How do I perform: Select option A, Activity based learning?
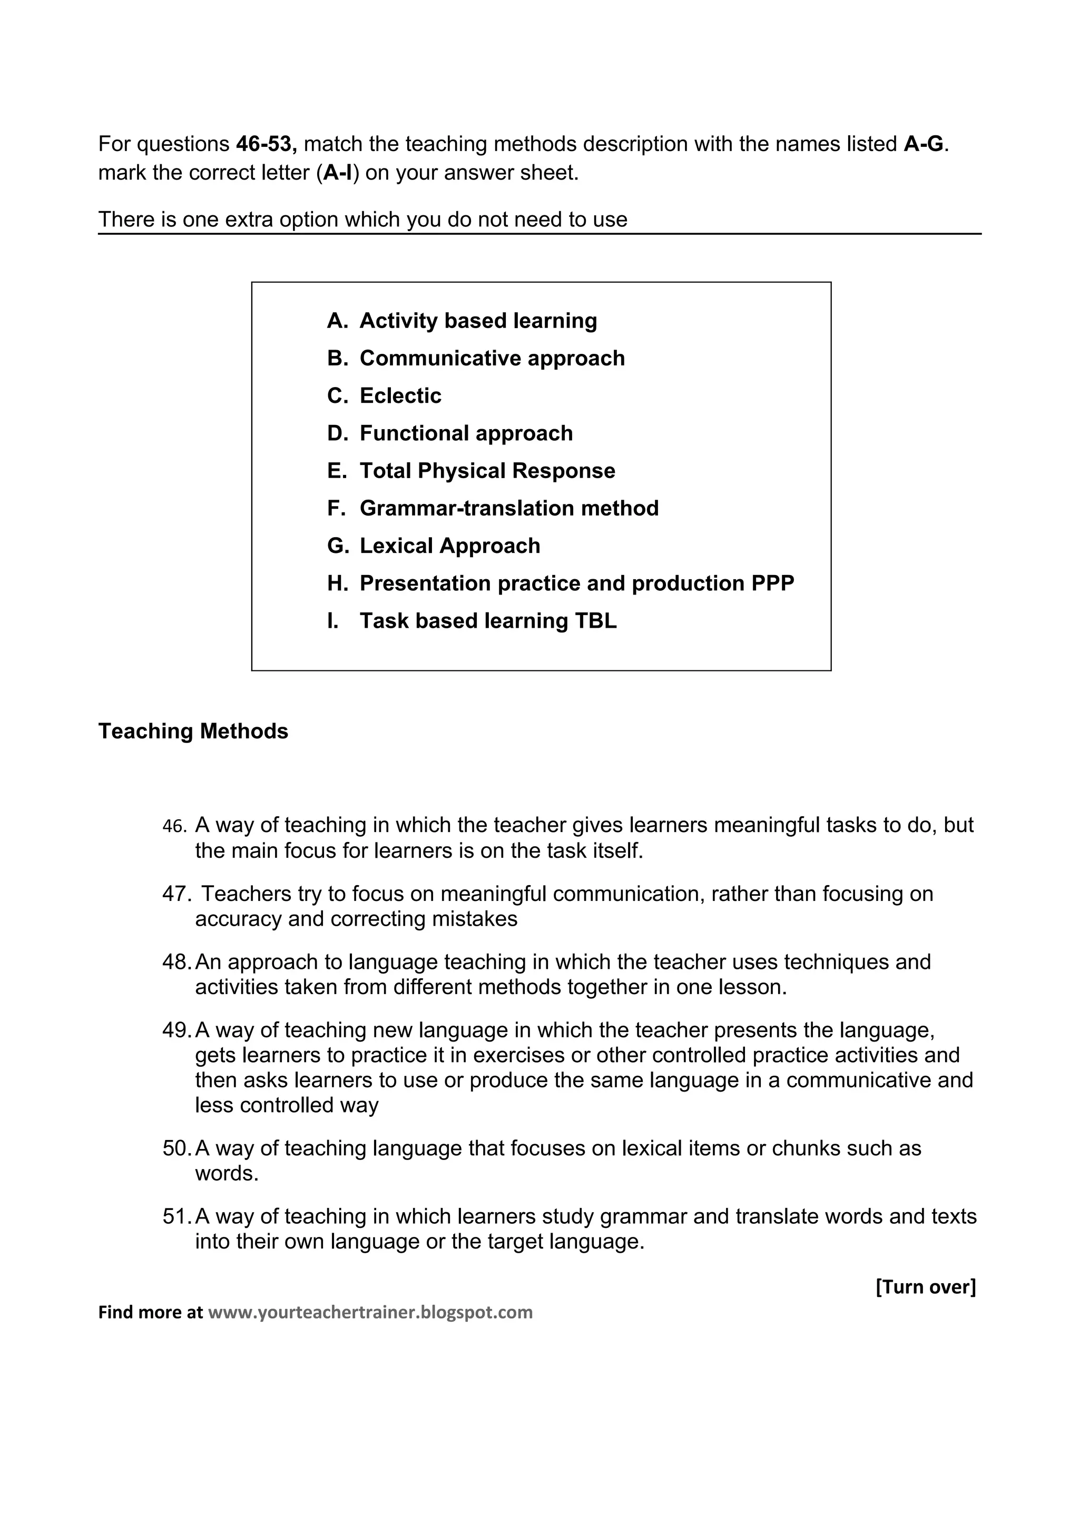[477, 321]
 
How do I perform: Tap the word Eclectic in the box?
[400, 396]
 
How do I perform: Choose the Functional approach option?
[465, 433]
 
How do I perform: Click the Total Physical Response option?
[487, 471]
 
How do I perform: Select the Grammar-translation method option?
[508, 509]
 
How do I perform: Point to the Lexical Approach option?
[449, 547]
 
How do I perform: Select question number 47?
[177, 895]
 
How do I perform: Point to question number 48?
[177, 963]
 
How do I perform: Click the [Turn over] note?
[926, 1287]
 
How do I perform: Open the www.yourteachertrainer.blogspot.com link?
[370, 1312]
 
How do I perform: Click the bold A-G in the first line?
[924, 144]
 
